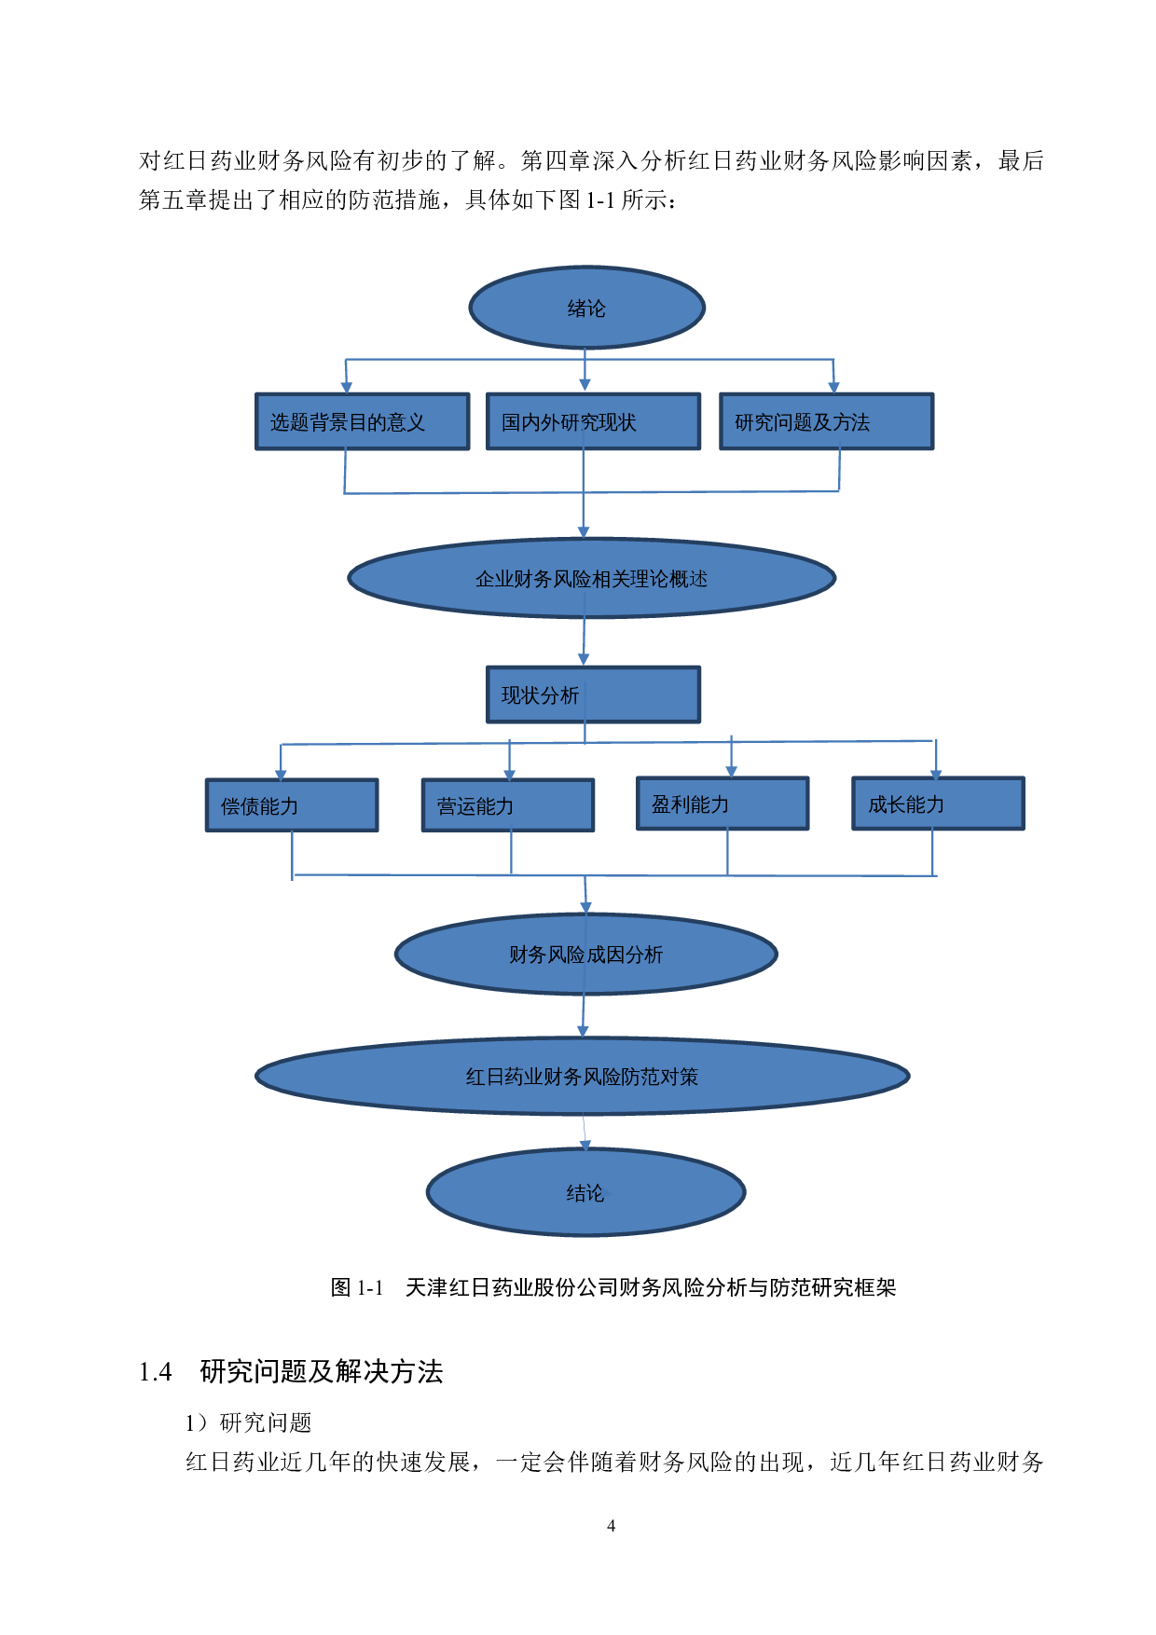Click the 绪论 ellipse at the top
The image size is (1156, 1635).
pyautogui.click(x=586, y=308)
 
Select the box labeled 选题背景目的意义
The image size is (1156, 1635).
pyautogui.click(x=362, y=422)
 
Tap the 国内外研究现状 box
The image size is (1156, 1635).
pyautogui.click(x=593, y=422)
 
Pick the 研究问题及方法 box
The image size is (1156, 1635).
pyautogui.click(x=826, y=422)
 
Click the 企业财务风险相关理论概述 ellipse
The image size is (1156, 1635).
pyautogui.click(x=591, y=578)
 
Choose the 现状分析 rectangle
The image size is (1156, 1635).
pyautogui.click(x=593, y=694)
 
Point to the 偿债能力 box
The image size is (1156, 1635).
pyautogui.click(x=292, y=805)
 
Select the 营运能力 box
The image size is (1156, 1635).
pyautogui.click(x=508, y=805)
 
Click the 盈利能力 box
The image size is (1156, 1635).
pyautogui.click(x=722, y=804)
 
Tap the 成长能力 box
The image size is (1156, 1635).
pyautogui.click(x=938, y=804)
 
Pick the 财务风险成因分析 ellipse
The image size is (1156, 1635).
pyautogui.click(x=585, y=954)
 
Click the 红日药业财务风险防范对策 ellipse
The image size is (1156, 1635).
pyautogui.click(x=582, y=1077)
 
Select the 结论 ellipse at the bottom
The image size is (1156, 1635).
pyautogui.click(x=585, y=1192)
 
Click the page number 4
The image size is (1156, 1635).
pyautogui.click(x=611, y=1526)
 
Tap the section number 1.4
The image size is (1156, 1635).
pyautogui.click(x=155, y=1372)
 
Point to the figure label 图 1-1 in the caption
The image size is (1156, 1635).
pyautogui.click(x=357, y=1287)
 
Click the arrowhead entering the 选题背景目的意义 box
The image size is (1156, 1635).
pyautogui.click(x=346, y=387)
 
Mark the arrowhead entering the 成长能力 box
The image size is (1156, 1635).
pyautogui.click(x=936, y=774)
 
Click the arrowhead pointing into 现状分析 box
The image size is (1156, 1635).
pyautogui.click(x=584, y=659)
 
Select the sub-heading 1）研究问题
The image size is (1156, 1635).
pyautogui.click(x=248, y=1422)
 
